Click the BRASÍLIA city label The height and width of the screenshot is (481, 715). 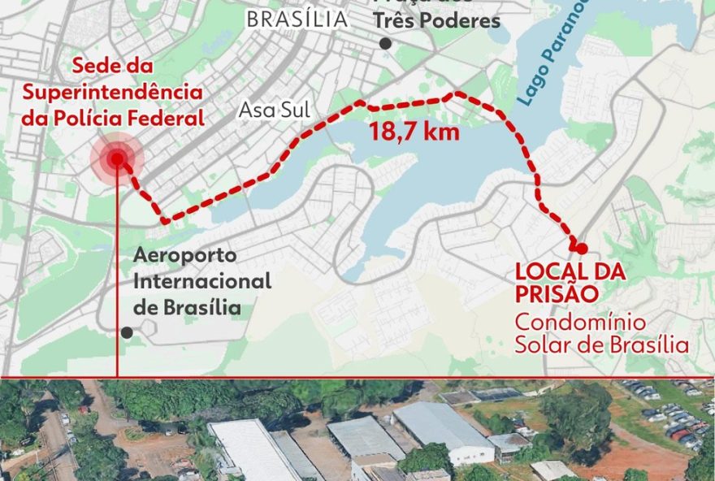296,19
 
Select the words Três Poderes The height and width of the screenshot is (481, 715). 436,21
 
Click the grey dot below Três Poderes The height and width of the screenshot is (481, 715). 385,44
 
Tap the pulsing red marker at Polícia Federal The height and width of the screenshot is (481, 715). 117,158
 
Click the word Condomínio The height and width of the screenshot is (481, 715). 570,321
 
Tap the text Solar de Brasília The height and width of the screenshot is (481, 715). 601,344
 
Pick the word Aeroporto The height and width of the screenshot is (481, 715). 185,255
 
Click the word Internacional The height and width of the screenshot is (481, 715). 201,281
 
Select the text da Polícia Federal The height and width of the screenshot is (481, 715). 113,118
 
